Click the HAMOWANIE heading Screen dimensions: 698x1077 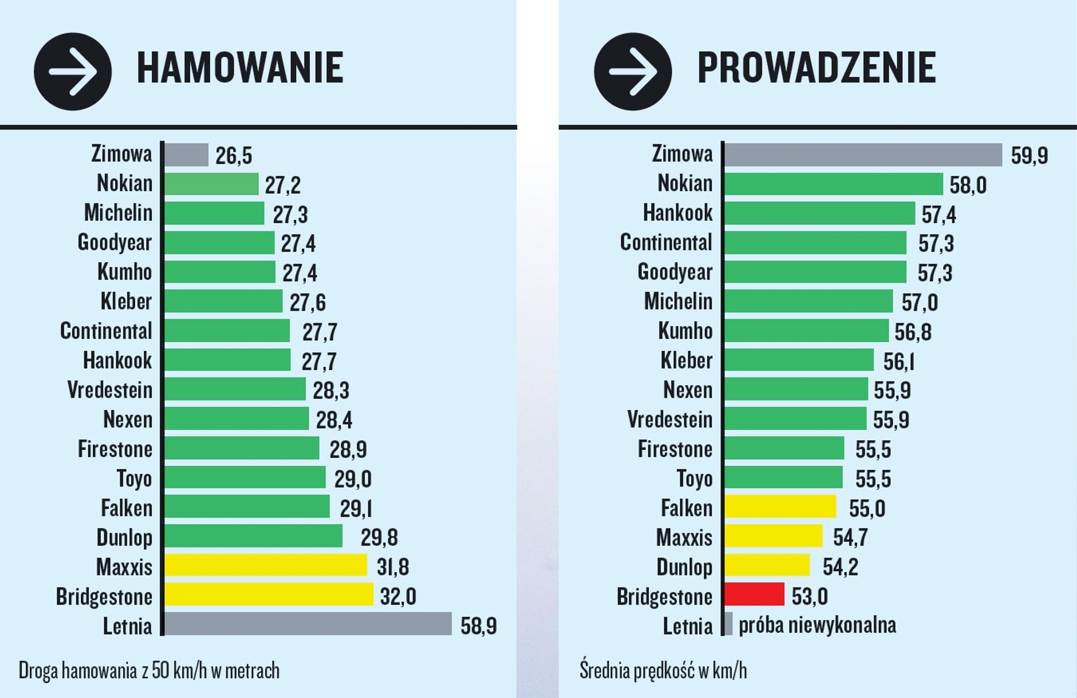pos(239,68)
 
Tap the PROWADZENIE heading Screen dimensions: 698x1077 pos(816,68)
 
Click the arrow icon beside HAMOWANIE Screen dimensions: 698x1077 pos(73,72)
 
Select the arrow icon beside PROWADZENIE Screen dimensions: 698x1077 pos(632,72)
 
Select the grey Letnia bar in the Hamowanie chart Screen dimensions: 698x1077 pos(308,624)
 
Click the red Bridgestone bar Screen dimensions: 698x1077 pos(754,594)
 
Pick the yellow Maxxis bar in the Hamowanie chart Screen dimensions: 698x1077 pos(266,565)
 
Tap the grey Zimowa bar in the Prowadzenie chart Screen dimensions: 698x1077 pos(863,155)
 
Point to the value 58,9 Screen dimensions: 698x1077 pos(478,625)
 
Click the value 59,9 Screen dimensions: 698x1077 pos(1029,156)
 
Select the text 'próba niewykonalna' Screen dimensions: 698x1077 pos(817,625)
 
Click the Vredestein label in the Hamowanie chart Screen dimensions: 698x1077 pos(110,390)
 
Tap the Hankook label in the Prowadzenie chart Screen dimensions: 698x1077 pos(678,213)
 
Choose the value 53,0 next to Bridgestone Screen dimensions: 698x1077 pos(809,597)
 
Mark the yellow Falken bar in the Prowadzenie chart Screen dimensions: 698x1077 pos(780,507)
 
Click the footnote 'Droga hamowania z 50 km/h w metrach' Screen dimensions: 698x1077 pos(149,670)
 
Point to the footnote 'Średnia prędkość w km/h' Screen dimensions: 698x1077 pos(663,670)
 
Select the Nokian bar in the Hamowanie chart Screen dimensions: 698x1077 pos(211,184)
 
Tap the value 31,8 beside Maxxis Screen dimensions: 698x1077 pos(392,567)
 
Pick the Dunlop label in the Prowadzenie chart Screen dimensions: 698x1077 pos(684,567)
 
